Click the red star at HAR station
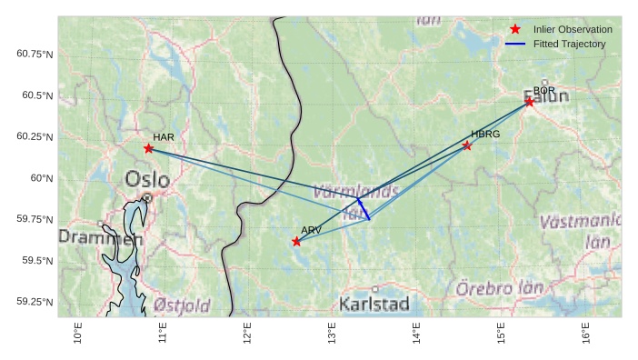148,148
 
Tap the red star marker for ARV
296,241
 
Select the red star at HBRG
467,145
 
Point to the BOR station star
529,102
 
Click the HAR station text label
164,137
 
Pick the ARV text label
311,230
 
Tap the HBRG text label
485,134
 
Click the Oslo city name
147,179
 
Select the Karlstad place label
374,304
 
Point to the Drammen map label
101,237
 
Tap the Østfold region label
182,305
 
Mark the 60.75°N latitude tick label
35,55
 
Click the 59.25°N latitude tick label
35,302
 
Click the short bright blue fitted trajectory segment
364,209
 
